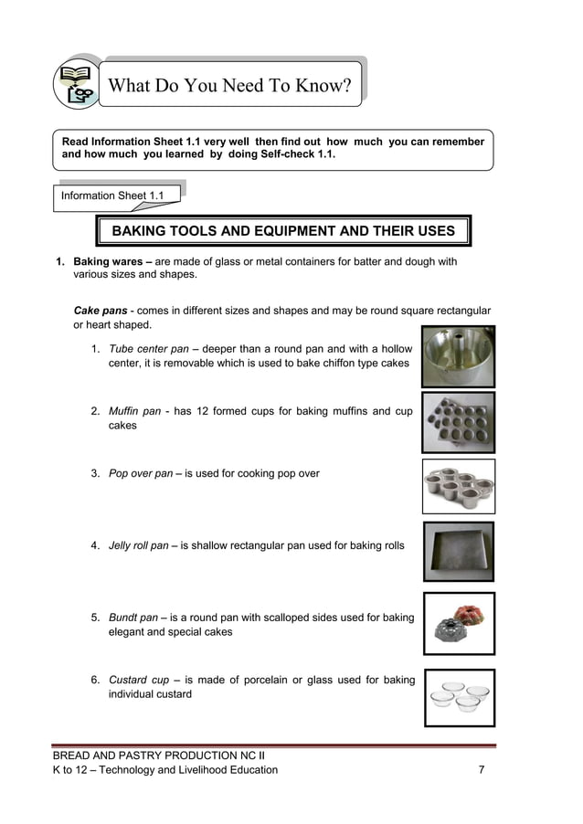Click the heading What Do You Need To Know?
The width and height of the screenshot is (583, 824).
(229, 86)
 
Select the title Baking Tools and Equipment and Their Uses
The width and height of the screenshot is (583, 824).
(282, 231)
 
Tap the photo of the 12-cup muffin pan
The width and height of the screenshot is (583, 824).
(458, 421)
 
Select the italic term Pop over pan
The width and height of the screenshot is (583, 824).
(140, 473)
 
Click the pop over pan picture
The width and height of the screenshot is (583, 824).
(458, 485)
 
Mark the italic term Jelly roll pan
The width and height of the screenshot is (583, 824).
(138, 545)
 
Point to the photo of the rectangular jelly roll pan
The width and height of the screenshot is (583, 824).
(458, 551)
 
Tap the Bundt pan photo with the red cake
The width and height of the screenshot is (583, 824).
(458, 622)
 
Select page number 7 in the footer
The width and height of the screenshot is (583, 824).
(482, 770)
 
